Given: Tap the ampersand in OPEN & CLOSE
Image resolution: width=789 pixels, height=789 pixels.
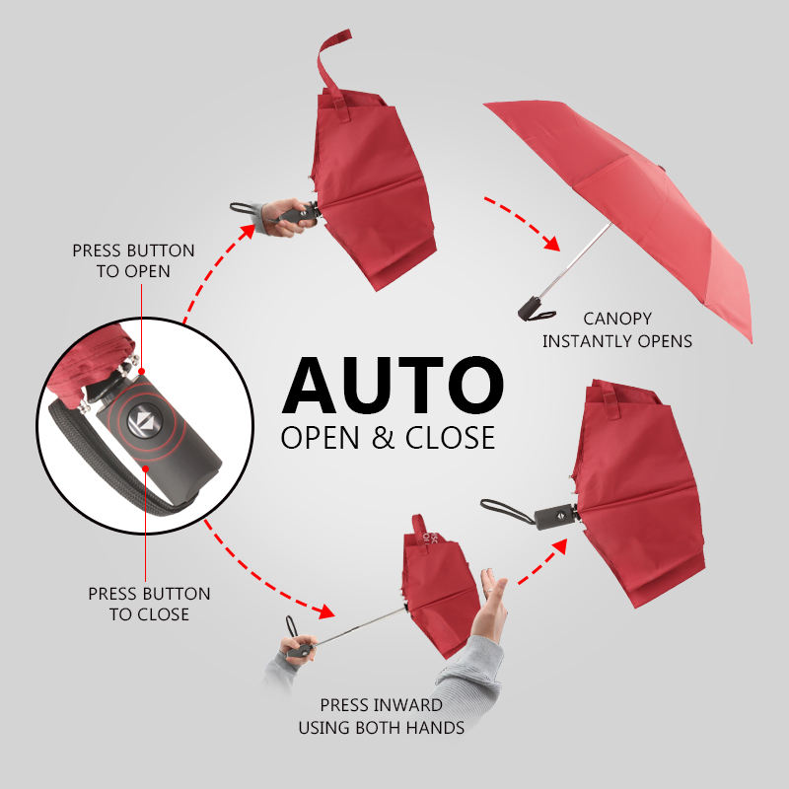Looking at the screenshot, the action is (x=384, y=436).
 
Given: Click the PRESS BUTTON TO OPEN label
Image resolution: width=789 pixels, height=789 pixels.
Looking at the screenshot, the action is (x=133, y=260).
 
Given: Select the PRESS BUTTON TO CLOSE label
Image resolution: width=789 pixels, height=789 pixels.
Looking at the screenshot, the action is (x=149, y=604).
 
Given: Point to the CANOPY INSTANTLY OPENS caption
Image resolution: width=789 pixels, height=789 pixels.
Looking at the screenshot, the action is (x=617, y=330).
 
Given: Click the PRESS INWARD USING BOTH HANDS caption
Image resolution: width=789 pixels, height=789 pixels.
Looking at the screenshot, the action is (x=381, y=717).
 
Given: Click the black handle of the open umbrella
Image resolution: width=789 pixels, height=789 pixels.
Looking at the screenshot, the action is (x=531, y=308).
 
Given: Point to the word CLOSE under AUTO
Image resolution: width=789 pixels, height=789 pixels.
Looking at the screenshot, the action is (x=450, y=436).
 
